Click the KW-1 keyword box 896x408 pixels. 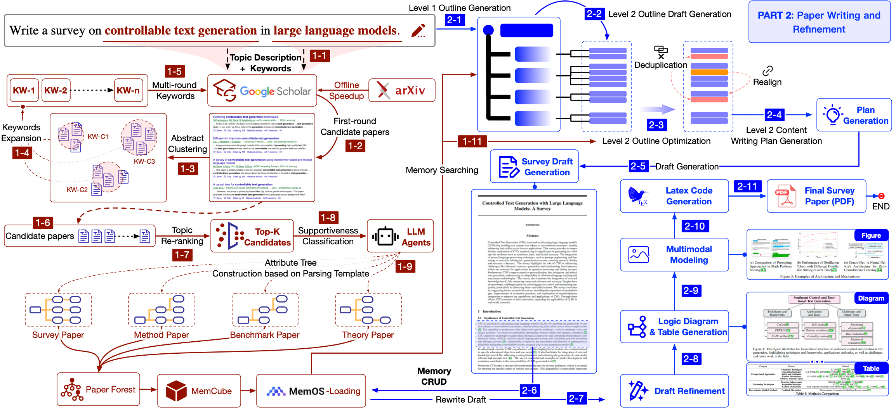24,90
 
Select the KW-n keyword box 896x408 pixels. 128,90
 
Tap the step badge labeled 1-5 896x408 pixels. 174,71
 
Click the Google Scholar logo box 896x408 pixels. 262,91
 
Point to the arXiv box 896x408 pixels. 402,90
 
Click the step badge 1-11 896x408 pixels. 472,141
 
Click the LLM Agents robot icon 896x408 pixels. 385,236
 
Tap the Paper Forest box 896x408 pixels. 98,389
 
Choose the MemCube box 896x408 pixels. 199,391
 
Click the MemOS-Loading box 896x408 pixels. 311,391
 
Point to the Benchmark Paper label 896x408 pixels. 265,335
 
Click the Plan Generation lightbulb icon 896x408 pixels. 832,115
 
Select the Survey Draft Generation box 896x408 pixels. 534,167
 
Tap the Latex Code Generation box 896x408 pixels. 674,196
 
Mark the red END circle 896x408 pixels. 881,196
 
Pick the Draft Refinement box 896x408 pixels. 674,391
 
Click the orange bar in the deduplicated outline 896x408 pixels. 709,72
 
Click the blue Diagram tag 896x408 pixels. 871,298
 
